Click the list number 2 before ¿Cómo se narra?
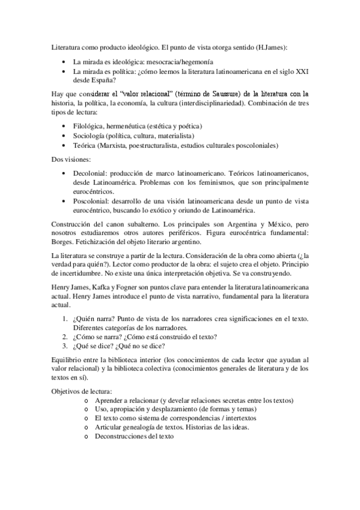tap(64, 337)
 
